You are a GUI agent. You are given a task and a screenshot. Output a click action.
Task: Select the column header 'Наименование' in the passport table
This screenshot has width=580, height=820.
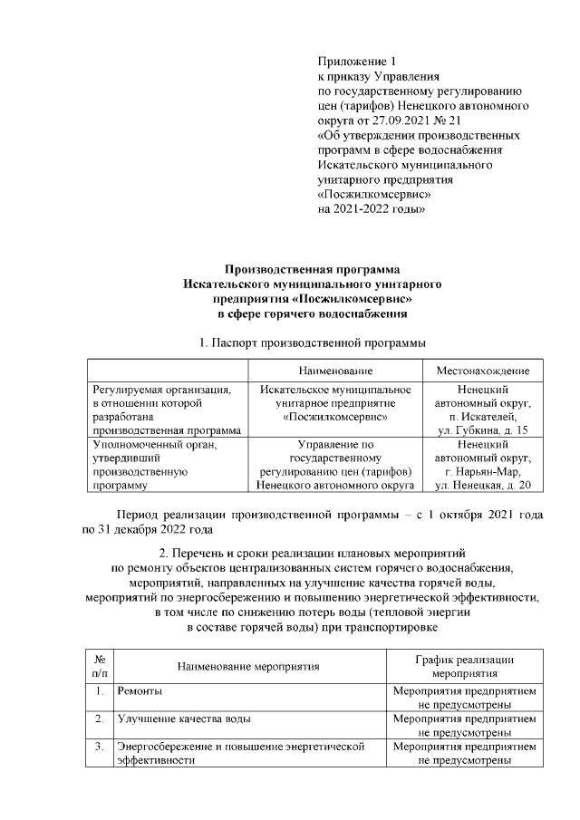tap(335, 372)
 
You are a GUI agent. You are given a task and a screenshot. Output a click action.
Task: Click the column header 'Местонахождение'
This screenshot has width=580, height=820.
tap(482, 372)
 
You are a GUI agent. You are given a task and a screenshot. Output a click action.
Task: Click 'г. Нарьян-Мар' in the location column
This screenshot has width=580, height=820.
tap(482, 472)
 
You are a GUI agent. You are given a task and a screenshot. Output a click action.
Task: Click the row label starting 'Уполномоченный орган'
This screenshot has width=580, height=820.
tap(155, 445)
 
